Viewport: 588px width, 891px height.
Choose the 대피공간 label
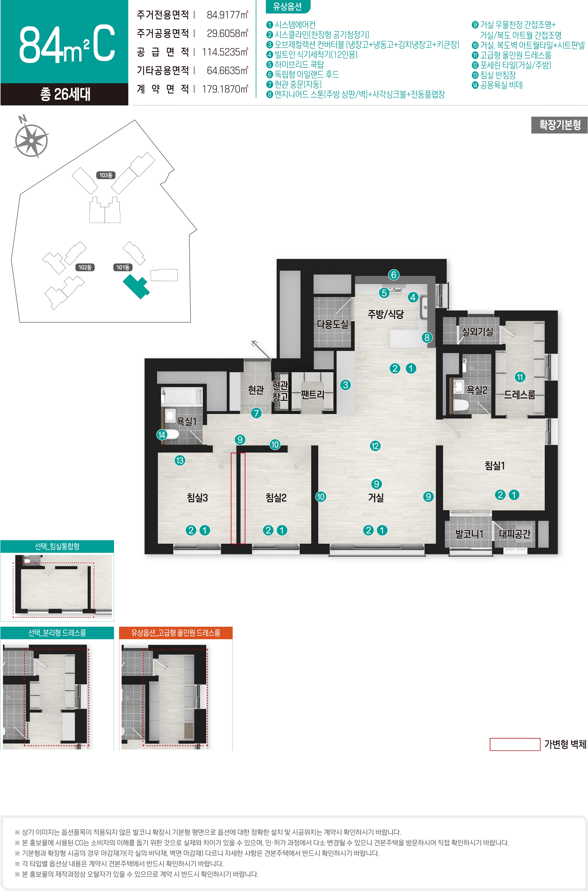click(x=515, y=534)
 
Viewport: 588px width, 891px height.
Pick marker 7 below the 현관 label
click(x=256, y=413)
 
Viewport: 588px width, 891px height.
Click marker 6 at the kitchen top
click(x=393, y=275)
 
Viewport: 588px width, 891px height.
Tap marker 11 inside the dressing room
click(x=520, y=377)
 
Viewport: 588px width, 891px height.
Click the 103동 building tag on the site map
click(x=106, y=175)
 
